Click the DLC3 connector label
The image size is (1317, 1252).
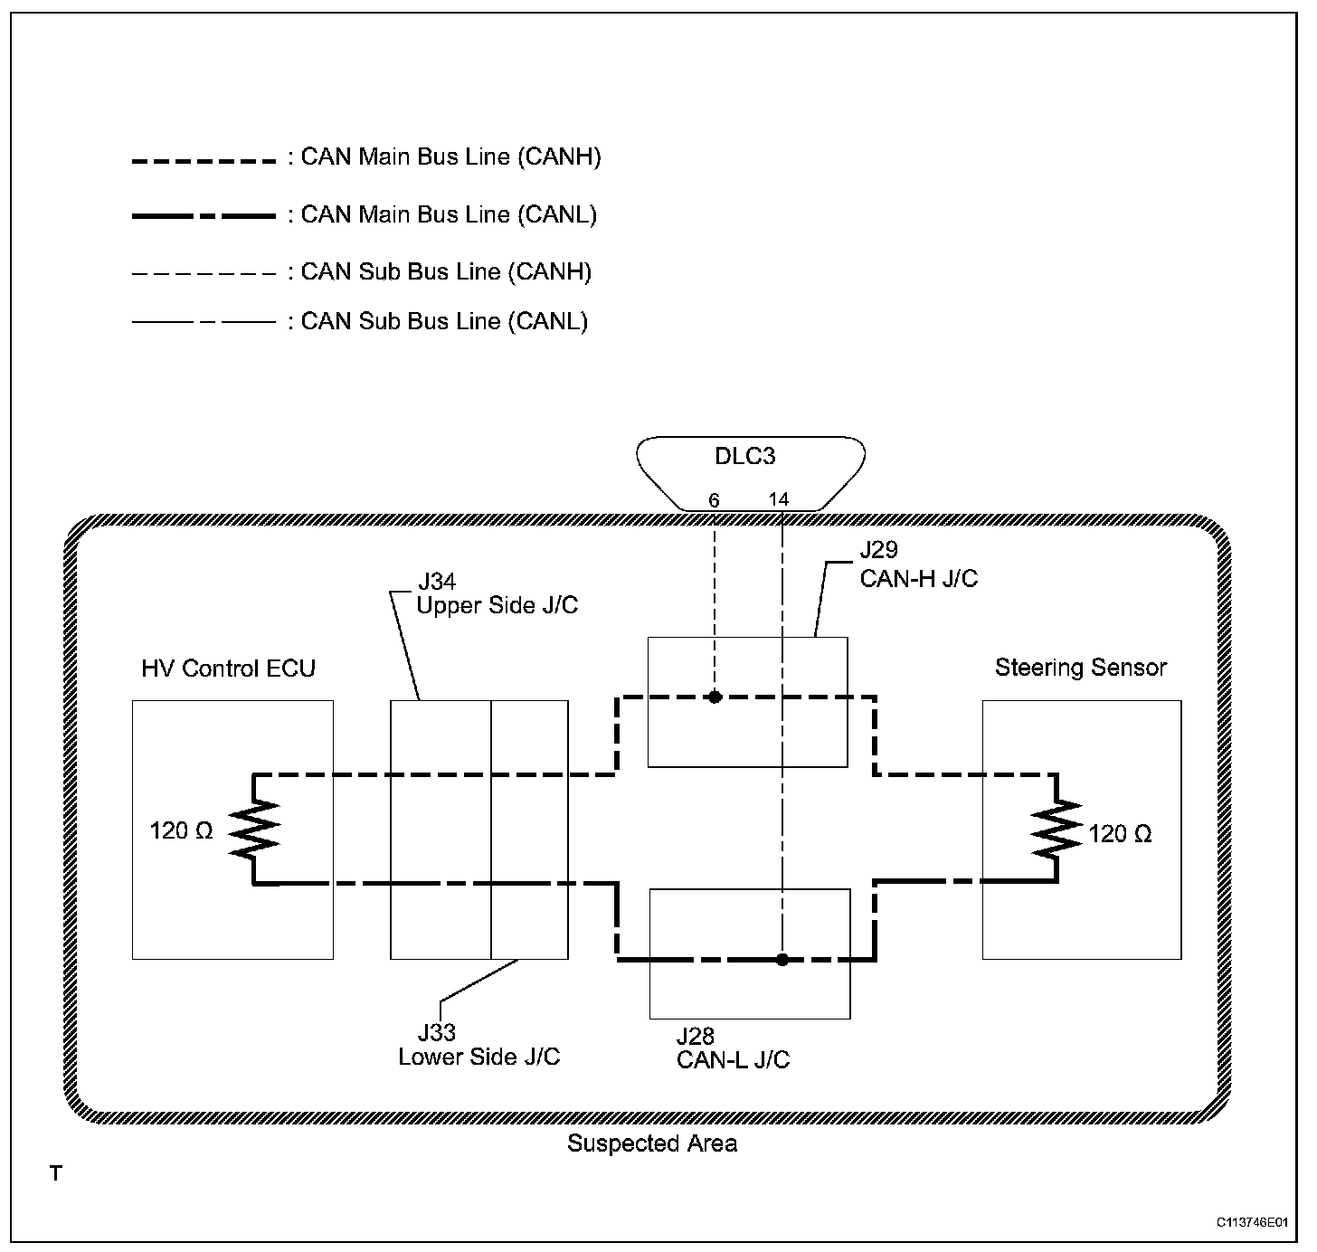[x=744, y=456]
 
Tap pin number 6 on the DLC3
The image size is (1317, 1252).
[x=714, y=500]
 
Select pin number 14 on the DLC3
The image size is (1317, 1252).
[x=779, y=499]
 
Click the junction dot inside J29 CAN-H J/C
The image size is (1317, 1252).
[x=715, y=697]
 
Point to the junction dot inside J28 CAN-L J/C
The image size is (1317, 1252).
[x=782, y=960]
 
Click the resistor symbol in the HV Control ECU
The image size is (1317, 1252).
[x=254, y=829]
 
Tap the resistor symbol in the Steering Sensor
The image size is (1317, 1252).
[x=1056, y=829]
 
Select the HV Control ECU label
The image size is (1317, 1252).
[x=228, y=669]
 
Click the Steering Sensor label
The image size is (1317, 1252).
[x=1081, y=668]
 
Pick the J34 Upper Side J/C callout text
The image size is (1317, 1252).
[x=497, y=593]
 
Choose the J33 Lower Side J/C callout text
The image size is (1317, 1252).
[x=479, y=1045]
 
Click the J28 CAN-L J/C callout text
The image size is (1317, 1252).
[x=733, y=1048]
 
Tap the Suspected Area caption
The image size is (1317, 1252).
[x=652, y=1143]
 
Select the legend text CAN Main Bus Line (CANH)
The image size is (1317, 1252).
[x=450, y=156]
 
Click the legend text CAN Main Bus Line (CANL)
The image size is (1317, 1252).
[x=449, y=214]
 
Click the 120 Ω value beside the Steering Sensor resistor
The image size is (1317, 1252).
[x=1120, y=834]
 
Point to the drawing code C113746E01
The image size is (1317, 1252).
[x=1252, y=1222]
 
